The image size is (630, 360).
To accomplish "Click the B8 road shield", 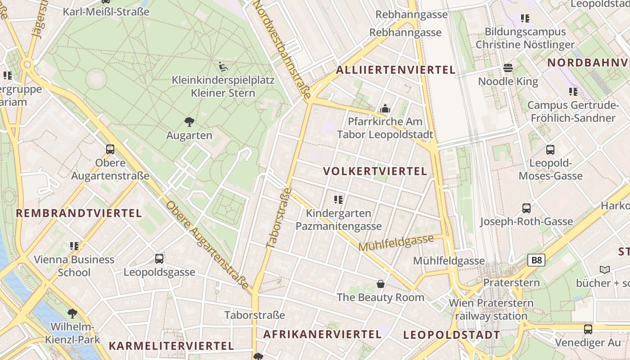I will click(x=537, y=260).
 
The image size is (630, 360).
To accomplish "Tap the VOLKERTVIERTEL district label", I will click(x=375, y=171).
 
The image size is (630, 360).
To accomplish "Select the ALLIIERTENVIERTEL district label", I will click(x=396, y=70).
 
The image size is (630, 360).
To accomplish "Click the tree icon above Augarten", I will click(x=189, y=121).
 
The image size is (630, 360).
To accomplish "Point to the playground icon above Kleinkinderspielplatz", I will click(x=223, y=67).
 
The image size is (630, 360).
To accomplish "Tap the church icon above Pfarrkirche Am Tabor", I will click(x=385, y=108).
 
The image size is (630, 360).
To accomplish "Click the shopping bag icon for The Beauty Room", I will click(x=381, y=284).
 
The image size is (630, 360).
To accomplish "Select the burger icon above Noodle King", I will click(x=508, y=68).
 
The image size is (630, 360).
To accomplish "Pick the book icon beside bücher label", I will click(x=605, y=270).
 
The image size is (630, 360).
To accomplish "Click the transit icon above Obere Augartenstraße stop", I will click(x=110, y=149).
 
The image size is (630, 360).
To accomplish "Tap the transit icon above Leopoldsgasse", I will click(x=159, y=259).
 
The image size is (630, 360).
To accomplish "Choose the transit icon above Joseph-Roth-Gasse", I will click(x=526, y=208).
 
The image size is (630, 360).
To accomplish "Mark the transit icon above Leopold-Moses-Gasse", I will click(x=550, y=150).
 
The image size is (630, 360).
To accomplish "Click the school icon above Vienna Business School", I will click(x=74, y=246).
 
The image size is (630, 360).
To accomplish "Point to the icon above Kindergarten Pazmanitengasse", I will click(x=338, y=199).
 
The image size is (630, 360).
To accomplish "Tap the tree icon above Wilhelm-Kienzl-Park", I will click(x=72, y=313).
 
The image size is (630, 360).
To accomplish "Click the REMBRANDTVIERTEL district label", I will click(x=79, y=213).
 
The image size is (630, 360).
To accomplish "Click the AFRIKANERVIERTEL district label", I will click(x=322, y=334).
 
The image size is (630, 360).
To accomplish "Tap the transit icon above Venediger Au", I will click(x=588, y=329).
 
